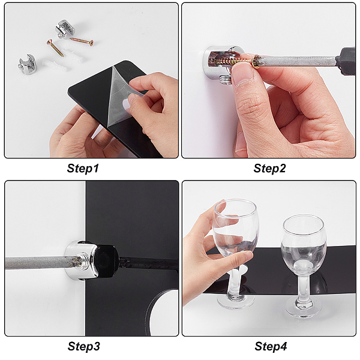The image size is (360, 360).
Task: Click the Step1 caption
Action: coord(83,168)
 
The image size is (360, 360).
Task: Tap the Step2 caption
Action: coord(269,168)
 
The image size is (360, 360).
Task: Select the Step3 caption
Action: coord(84,346)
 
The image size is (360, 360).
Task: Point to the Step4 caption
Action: coord(271,346)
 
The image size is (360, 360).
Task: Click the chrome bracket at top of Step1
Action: coord(65,29)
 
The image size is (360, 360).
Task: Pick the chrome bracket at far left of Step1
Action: coord(27,64)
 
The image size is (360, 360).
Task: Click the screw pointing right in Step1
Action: coord(82,41)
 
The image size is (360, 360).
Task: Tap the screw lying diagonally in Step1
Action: coord(55,48)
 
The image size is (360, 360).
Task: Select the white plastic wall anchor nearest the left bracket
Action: coord(54,65)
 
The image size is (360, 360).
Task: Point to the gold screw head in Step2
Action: coord(256,62)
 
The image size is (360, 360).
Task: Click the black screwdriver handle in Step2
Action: coord(347,61)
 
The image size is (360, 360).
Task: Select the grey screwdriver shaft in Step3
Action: coord(39,262)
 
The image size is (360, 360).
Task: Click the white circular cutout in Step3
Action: coord(164,312)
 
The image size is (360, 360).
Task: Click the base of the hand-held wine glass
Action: coord(236,302)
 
